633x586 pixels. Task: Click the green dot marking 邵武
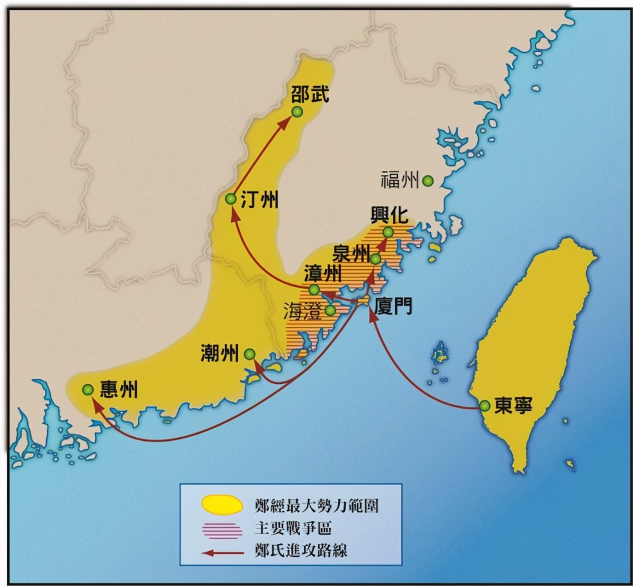point(298,111)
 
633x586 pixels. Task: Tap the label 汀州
point(260,200)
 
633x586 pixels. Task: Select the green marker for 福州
point(428,181)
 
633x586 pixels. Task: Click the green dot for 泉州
point(376,259)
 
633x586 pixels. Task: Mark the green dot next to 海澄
point(330,310)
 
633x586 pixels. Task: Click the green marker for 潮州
point(250,354)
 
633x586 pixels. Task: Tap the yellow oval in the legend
point(222,505)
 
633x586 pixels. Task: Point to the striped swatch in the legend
point(222,528)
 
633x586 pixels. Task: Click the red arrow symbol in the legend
point(222,551)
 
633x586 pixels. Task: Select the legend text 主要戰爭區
point(297,528)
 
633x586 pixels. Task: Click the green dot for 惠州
point(88,390)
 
